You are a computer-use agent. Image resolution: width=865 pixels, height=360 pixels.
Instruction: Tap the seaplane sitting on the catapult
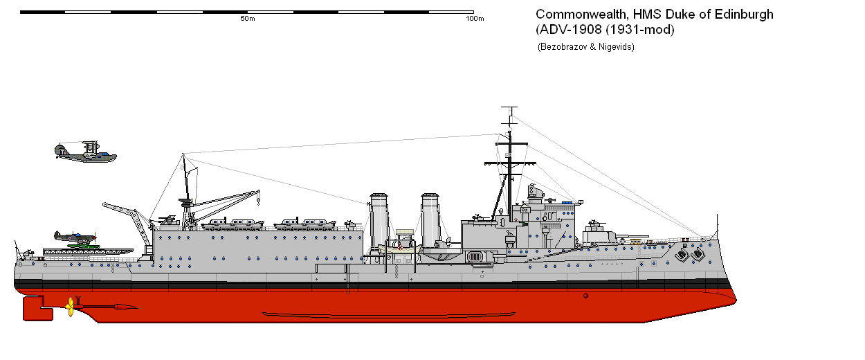pyautogui.click(x=75, y=238)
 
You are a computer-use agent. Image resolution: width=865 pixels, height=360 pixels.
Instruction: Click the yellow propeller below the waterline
pyautogui.click(x=69, y=305)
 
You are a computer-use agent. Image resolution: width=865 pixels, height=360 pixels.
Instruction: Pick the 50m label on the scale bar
pyautogui.click(x=247, y=19)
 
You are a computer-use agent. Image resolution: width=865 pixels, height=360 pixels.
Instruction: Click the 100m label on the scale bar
pyautogui.click(x=474, y=19)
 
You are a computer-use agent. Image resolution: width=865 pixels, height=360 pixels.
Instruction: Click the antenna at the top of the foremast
pyautogui.click(x=509, y=112)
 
